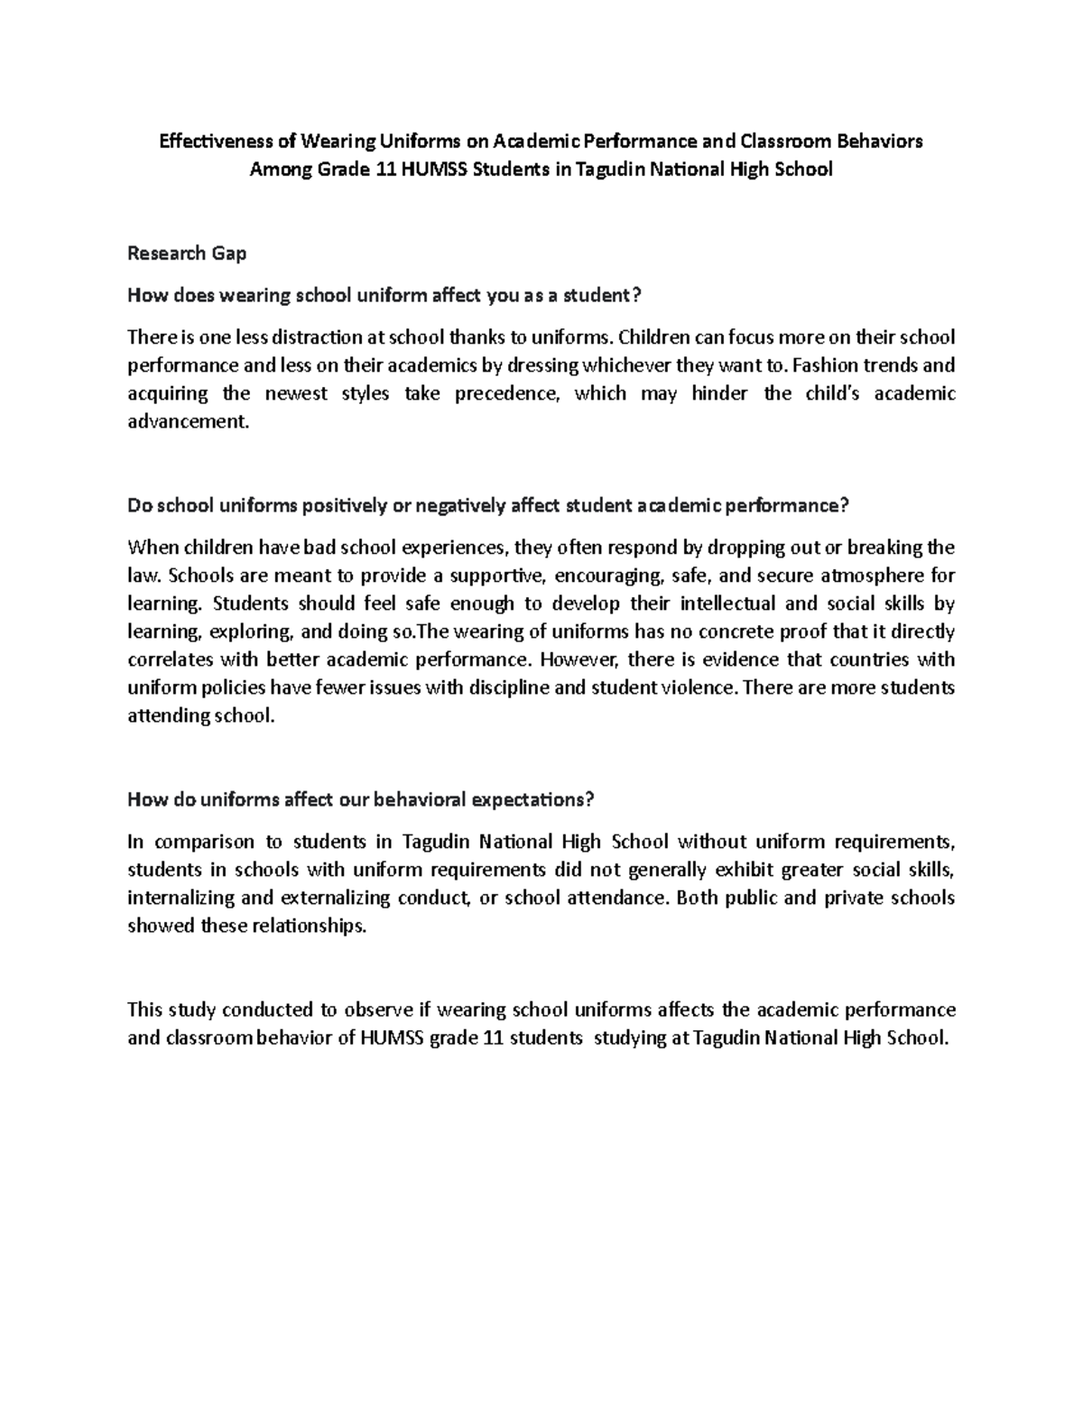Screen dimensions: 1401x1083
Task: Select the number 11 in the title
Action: [x=384, y=170]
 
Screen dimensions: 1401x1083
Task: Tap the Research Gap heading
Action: [x=187, y=253]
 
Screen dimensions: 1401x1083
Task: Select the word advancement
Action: [x=187, y=421]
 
